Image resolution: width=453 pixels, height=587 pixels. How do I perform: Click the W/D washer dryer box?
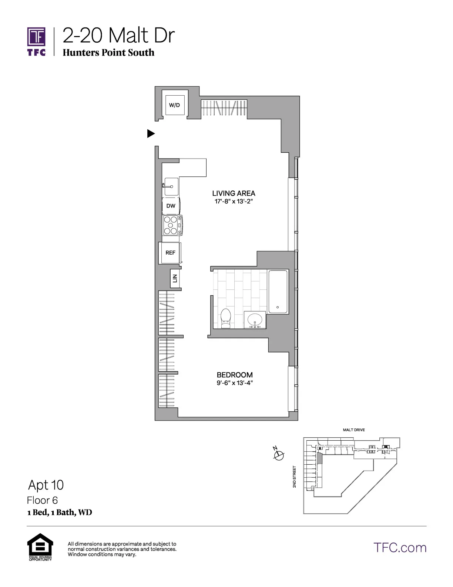(x=175, y=105)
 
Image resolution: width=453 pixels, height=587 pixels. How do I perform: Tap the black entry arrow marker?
(x=151, y=133)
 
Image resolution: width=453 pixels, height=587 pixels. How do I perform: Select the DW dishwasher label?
(x=171, y=206)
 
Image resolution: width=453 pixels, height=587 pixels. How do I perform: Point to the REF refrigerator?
(x=170, y=253)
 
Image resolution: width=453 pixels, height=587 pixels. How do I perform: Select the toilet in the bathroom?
(x=226, y=319)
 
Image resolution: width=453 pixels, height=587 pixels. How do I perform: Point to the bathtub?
(x=278, y=292)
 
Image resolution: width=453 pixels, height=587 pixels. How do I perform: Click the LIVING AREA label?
(x=234, y=193)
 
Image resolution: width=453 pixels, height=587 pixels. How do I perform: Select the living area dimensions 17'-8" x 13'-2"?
(x=234, y=202)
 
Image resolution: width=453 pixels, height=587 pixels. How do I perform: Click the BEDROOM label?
(x=235, y=375)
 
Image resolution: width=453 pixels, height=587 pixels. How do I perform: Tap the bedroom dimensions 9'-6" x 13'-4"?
(x=235, y=383)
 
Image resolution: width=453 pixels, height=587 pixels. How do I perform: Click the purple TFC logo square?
(x=37, y=37)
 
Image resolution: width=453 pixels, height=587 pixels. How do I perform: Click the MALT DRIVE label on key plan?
(x=354, y=430)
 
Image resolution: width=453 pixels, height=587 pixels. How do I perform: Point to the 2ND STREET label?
(x=295, y=477)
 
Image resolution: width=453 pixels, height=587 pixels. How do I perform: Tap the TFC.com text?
(x=400, y=548)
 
